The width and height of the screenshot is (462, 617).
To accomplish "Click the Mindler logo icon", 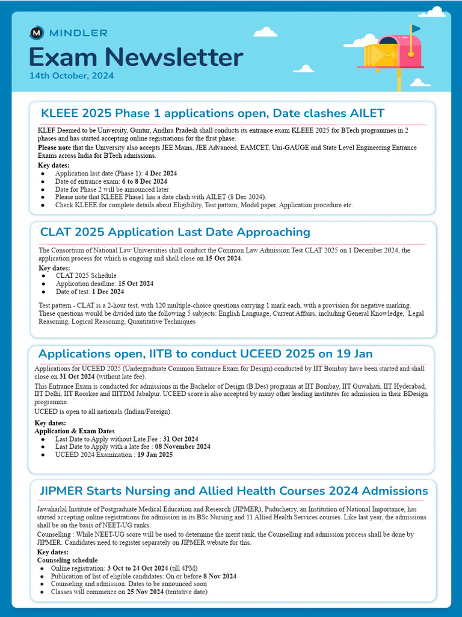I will [x=36, y=33].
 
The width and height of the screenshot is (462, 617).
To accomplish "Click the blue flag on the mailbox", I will [x=416, y=28].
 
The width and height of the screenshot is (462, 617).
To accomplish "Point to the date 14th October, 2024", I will [x=72, y=77].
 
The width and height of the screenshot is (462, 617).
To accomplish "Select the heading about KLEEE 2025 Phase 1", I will [x=212, y=113].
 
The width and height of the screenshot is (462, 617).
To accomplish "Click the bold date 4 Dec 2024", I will [x=161, y=174].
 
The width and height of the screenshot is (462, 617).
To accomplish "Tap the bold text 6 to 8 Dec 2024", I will [x=145, y=181].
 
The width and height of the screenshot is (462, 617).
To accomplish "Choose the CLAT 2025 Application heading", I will [x=175, y=232].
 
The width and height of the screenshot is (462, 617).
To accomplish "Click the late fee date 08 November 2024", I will [x=183, y=446].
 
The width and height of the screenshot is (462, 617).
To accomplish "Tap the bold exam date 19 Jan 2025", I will [x=155, y=455].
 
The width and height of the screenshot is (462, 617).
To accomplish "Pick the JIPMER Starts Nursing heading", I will [x=234, y=490].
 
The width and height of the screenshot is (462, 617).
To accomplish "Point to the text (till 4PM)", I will [x=183, y=568].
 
